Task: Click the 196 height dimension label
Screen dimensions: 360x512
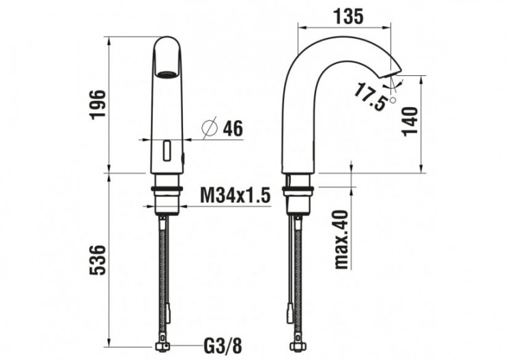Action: click(98, 104)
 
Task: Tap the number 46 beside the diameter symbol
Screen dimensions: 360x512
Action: click(233, 128)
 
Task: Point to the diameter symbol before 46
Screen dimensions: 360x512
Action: click(210, 128)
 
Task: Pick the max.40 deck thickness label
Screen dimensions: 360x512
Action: click(341, 238)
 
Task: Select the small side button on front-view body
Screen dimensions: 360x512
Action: click(182, 160)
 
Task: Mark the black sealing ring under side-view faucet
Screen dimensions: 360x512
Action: click(298, 187)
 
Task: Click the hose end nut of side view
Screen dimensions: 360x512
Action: click(299, 346)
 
